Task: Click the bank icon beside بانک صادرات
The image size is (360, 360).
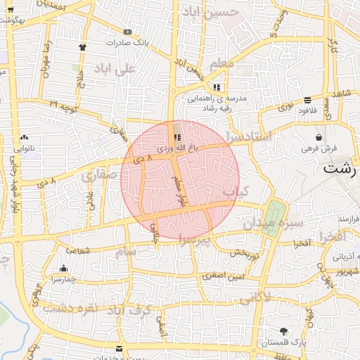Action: pyautogui.click(x=127, y=32)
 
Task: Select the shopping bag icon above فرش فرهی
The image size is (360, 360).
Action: pyautogui.click(x=320, y=137)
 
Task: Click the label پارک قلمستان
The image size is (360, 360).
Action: pyautogui.click(x=281, y=342)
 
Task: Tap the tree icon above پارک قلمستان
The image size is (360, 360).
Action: pyautogui.click(x=283, y=331)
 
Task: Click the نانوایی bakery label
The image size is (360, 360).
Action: pyautogui.click(x=24, y=148)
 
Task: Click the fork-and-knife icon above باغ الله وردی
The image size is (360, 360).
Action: pyautogui.click(x=176, y=137)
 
